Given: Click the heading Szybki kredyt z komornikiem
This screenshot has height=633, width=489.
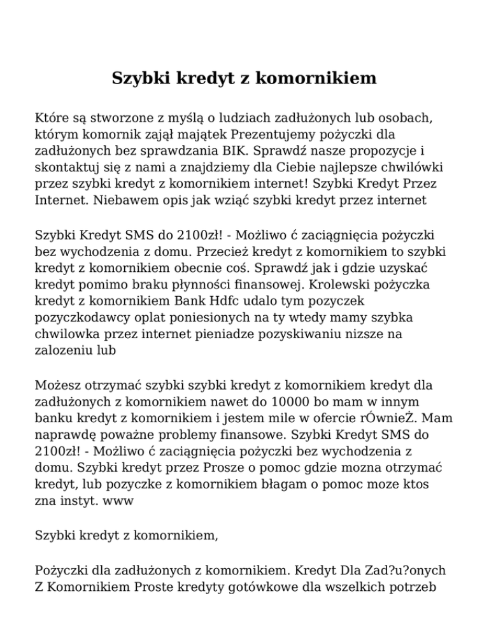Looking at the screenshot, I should point(244,78).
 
